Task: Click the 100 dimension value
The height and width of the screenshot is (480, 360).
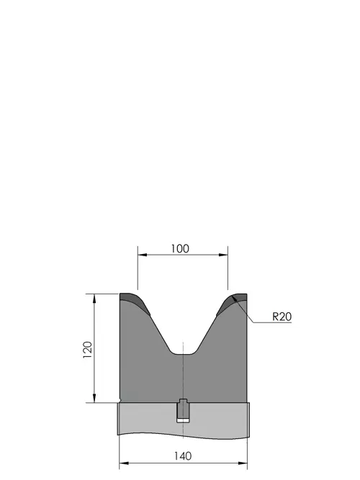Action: tap(180, 248)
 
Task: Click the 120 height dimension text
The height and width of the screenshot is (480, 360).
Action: tap(88, 350)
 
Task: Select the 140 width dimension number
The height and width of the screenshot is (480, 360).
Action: tap(183, 456)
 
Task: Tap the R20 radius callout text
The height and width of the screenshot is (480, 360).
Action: tap(282, 317)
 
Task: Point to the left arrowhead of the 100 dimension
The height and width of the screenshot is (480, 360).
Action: tap(142, 255)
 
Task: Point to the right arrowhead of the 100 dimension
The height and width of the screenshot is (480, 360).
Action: tap(224, 255)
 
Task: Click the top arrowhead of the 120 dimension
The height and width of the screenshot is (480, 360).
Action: tap(94, 298)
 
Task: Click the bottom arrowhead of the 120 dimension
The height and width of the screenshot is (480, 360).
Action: tap(94, 398)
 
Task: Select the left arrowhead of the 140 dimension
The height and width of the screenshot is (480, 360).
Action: tap(123, 463)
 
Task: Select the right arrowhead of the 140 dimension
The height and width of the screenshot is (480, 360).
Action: tap(243, 463)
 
